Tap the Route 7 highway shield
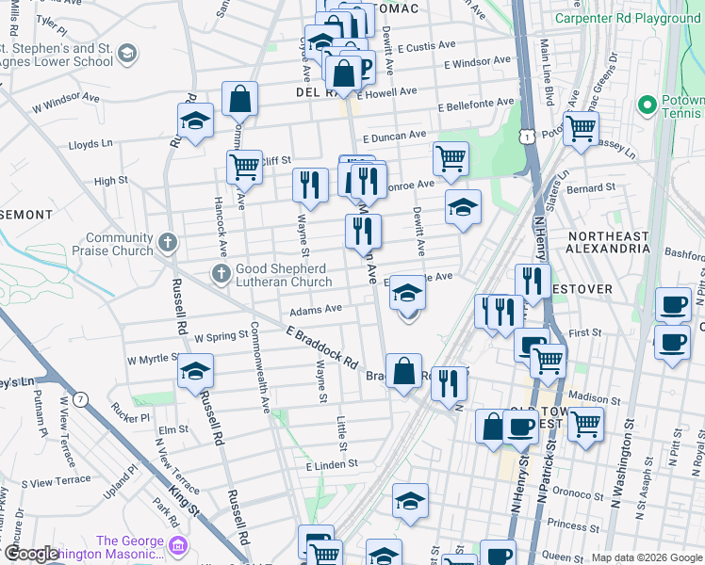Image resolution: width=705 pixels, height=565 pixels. click(x=83, y=400)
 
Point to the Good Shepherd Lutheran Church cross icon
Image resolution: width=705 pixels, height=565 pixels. click(x=221, y=274)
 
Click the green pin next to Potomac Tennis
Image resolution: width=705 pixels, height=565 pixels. click(x=647, y=104)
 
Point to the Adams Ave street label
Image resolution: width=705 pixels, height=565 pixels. click(x=316, y=309)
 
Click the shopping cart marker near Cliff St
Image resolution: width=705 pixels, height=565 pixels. click(x=244, y=166)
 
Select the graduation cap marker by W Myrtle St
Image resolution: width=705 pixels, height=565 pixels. click(x=196, y=369)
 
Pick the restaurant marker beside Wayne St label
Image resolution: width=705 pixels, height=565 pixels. click(x=310, y=184)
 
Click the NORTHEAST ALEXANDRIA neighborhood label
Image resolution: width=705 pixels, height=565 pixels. click(x=607, y=242)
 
